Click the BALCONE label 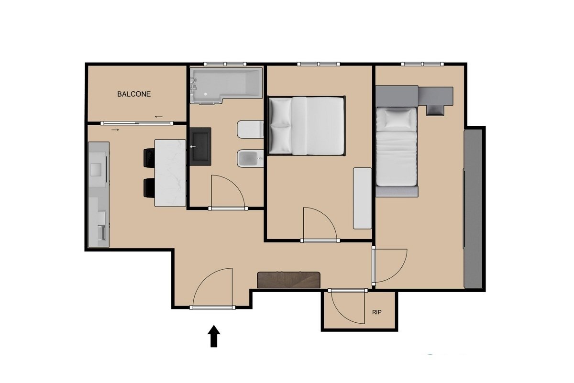[134, 94]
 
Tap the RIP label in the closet [376, 312]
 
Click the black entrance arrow [214, 336]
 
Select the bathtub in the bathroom [227, 86]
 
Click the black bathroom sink [200, 146]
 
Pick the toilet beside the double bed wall [250, 130]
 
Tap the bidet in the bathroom [250, 158]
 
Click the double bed [306, 126]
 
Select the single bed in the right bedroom [396, 146]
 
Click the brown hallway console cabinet [289, 280]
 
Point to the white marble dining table [170, 173]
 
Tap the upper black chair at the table [149, 158]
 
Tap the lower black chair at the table [149, 188]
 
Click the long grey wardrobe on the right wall [473, 208]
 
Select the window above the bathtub [225, 64]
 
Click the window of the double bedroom [319, 64]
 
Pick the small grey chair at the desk [435, 110]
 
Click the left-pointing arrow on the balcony [159, 117]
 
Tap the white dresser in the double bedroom [363, 198]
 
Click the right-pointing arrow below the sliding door [115, 130]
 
